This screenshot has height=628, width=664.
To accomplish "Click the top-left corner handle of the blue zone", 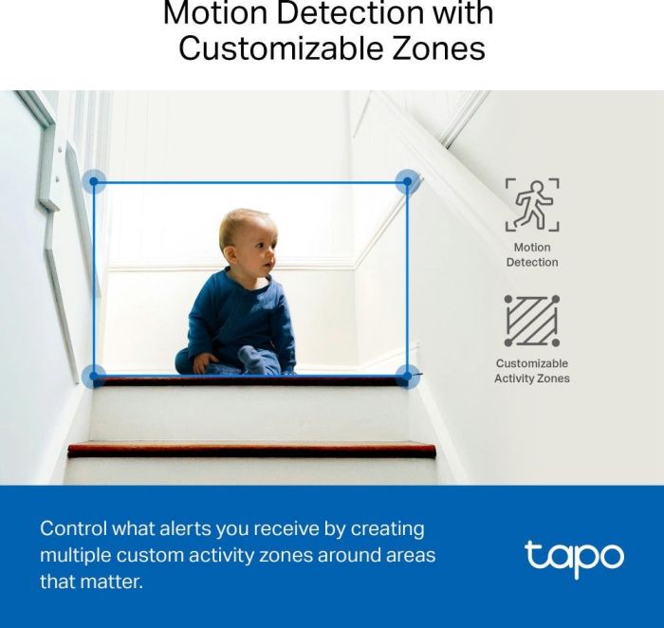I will pos(93,182).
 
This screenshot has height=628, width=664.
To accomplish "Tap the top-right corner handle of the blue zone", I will pos(408,182).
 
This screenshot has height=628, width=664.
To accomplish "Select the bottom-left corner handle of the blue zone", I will pos(93,377).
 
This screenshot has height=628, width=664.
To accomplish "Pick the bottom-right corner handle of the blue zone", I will pos(408,377).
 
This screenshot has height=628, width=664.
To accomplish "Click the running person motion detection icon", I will pos(531,205).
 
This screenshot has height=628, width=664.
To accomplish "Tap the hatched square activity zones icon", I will pos(531,321).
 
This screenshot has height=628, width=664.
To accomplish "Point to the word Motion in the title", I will pos(211,15).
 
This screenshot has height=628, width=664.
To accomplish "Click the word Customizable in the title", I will pos(265,48).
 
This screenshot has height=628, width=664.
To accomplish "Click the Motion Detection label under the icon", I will pos(531,254).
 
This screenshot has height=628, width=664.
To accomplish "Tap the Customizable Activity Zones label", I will pos(531,371).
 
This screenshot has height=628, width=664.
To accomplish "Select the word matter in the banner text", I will pos(113,582).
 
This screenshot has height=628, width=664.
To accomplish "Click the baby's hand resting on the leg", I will pos(204,362).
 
